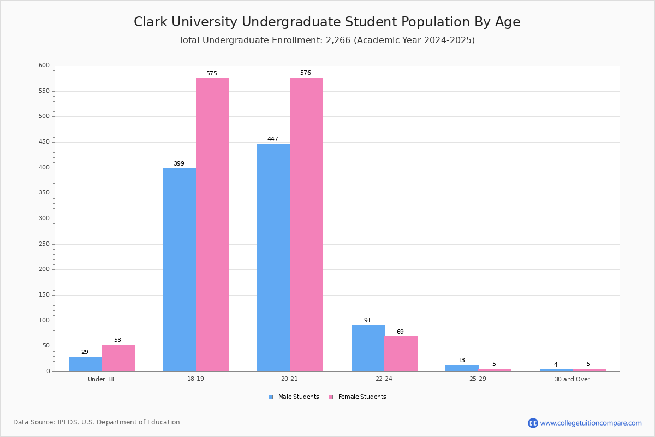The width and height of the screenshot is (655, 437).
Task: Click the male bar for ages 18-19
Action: coord(180,270)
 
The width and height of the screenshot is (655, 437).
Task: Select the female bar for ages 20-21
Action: coord(306,225)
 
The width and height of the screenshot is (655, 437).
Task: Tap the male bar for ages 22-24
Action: coord(368,349)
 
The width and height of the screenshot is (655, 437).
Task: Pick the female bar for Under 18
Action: coord(118,358)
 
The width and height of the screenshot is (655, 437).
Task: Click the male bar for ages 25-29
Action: coord(462,368)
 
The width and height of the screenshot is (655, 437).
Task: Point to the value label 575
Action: coord(212,73)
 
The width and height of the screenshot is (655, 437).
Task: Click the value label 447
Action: coord(273,139)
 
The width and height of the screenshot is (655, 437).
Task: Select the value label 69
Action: coord(400,332)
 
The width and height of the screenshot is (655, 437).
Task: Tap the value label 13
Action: coord(461,361)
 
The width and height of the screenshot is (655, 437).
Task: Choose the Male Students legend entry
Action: coord(294,397)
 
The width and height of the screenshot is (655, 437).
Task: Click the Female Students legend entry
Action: coord(358,397)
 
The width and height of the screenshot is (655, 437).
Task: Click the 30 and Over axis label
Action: coord(572,379)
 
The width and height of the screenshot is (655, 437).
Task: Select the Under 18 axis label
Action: coord(101,379)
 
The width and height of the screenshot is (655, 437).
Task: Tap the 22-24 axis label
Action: coord(384,379)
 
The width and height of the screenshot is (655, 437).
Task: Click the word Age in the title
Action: coord(508,22)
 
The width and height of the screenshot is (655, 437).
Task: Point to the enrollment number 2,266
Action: coord(338,40)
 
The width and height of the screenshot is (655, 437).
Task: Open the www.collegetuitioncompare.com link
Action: coord(591,423)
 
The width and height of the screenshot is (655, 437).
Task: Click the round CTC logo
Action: coord(533,423)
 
